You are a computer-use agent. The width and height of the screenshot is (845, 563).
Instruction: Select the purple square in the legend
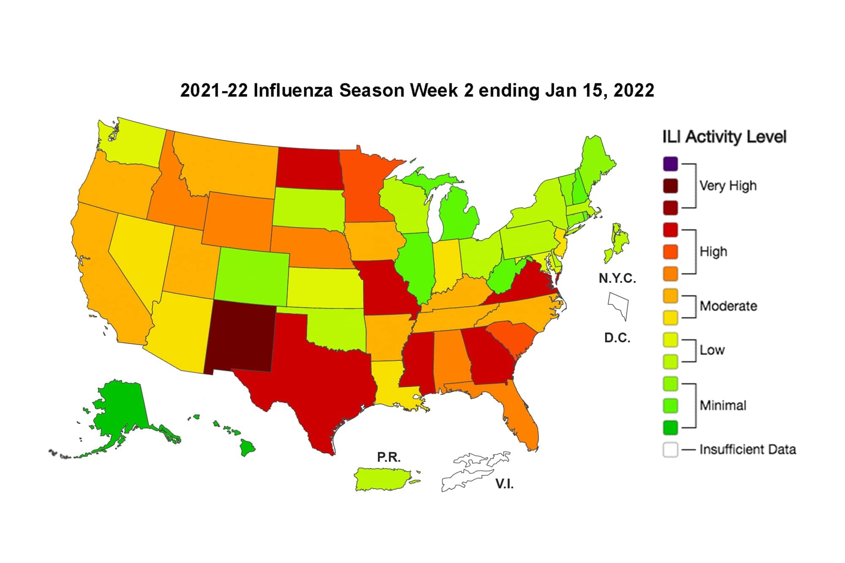pos(671,164)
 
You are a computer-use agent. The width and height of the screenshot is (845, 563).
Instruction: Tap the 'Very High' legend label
pos(728,186)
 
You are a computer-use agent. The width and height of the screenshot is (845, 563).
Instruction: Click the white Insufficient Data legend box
pos(671,449)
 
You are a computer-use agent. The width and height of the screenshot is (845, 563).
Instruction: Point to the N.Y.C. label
pos(617,278)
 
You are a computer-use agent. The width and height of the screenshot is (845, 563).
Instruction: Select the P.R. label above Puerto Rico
pos(389,457)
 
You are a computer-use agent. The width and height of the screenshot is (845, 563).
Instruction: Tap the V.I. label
pos(504,484)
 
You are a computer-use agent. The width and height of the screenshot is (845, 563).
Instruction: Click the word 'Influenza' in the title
pos(293,91)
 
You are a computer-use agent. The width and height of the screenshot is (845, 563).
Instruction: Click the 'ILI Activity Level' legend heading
pos(724,137)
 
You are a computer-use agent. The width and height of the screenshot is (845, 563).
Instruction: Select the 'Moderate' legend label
pos(728,306)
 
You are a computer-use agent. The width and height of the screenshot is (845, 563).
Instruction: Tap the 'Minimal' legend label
pos(723,405)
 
